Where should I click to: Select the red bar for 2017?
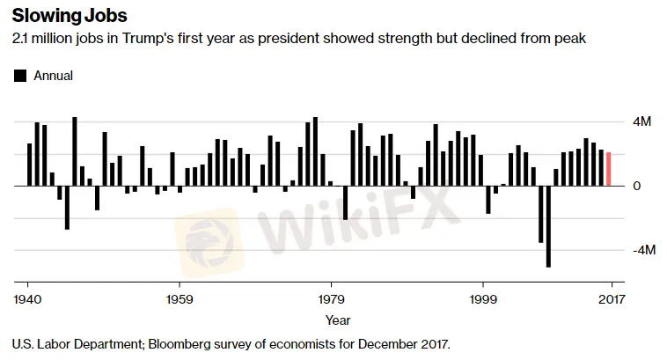click(x=608, y=169)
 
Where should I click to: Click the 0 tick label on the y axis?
click(x=635, y=186)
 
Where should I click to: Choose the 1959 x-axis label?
click(x=180, y=298)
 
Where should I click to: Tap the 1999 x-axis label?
click(x=483, y=298)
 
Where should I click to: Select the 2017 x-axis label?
click(x=611, y=298)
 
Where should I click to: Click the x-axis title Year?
click(x=338, y=320)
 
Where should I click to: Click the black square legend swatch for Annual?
click(x=20, y=76)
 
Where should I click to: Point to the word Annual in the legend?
click(x=53, y=76)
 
